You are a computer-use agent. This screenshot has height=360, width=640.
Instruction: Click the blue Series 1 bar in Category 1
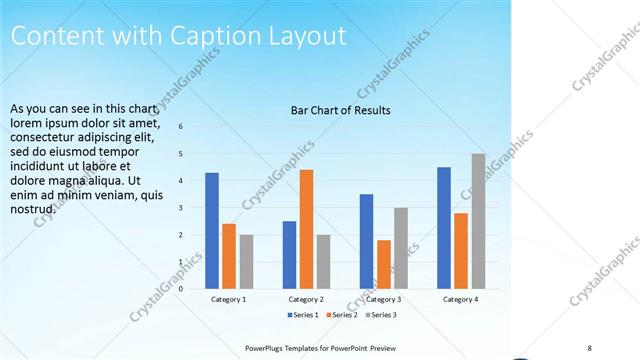click(x=212, y=231)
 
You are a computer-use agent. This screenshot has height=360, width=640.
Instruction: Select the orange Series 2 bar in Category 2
click(x=306, y=229)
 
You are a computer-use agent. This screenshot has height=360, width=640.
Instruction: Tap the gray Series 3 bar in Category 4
click(x=478, y=221)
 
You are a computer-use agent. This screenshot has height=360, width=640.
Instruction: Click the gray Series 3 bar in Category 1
click(x=246, y=262)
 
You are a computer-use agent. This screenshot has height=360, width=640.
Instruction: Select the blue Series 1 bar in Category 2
click(x=289, y=255)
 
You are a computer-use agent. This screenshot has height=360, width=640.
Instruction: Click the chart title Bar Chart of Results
click(x=340, y=110)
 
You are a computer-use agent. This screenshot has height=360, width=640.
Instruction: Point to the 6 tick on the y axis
click(x=181, y=127)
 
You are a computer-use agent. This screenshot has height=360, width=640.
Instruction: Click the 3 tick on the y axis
click(x=181, y=208)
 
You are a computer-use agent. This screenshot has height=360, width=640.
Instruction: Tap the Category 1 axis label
click(x=229, y=299)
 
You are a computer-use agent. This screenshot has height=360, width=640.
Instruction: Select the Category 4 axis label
click(x=460, y=299)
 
